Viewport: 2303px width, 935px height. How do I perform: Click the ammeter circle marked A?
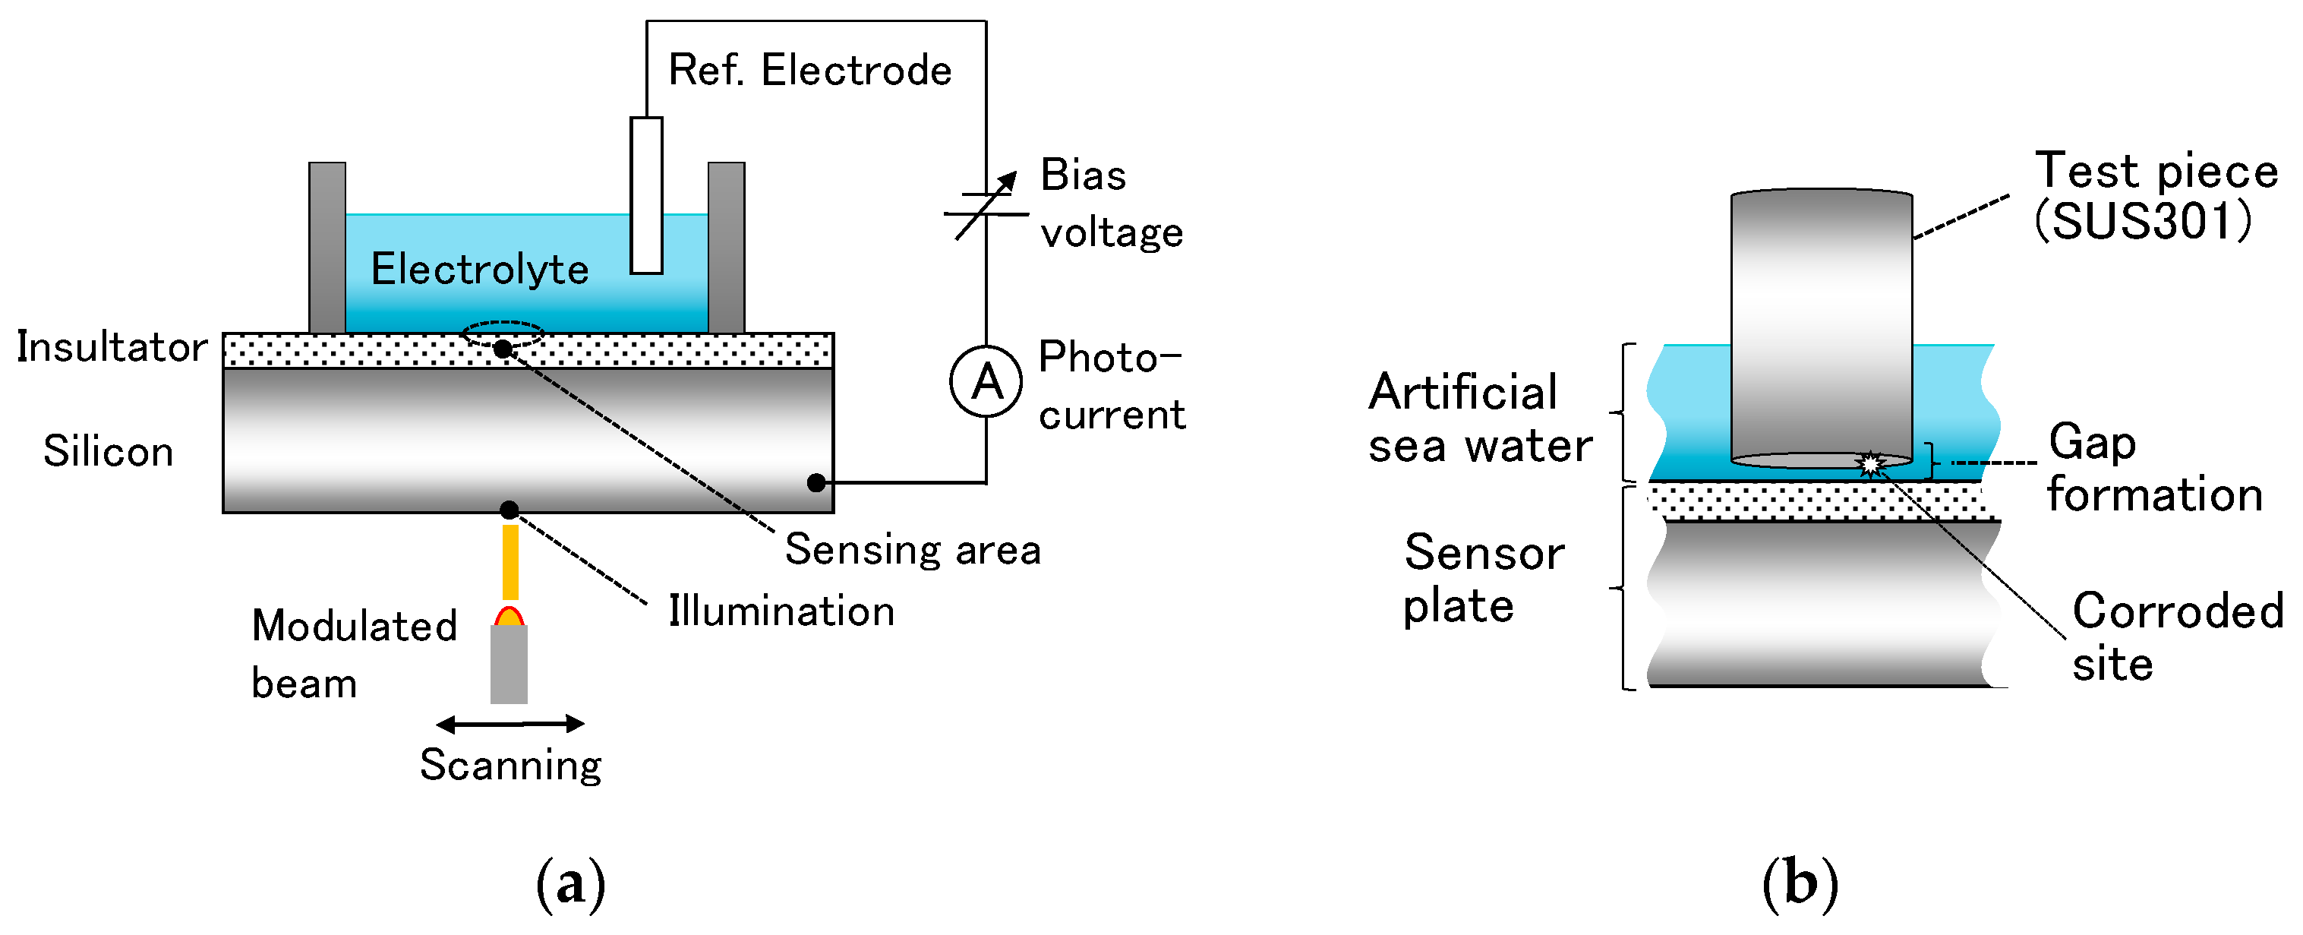click(x=986, y=383)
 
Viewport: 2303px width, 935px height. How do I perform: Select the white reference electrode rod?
click(x=645, y=195)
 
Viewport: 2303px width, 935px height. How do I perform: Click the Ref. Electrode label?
click(x=810, y=71)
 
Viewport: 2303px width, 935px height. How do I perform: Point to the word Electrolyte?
click(x=480, y=269)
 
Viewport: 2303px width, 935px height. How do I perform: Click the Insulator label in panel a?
click(x=112, y=347)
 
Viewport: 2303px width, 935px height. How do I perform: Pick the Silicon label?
click(x=108, y=451)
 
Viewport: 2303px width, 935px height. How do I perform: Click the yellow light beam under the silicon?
click(x=509, y=562)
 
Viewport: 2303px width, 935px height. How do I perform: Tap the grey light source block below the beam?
click(x=509, y=664)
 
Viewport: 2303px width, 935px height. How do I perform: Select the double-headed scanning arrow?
click(x=509, y=724)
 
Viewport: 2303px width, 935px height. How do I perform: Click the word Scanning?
click(x=510, y=765)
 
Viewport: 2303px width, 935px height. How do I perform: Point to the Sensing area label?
click(x=913, y=550)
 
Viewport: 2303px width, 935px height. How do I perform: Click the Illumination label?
click(x=781, y=611)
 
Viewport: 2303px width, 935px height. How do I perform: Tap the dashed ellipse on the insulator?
click(x=503, y=333)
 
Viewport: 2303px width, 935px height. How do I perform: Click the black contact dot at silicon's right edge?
click(x=816, y=483)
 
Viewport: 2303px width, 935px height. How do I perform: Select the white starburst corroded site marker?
click(x=1869, y=464)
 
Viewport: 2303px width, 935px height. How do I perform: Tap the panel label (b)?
click(x=1800, y=883)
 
